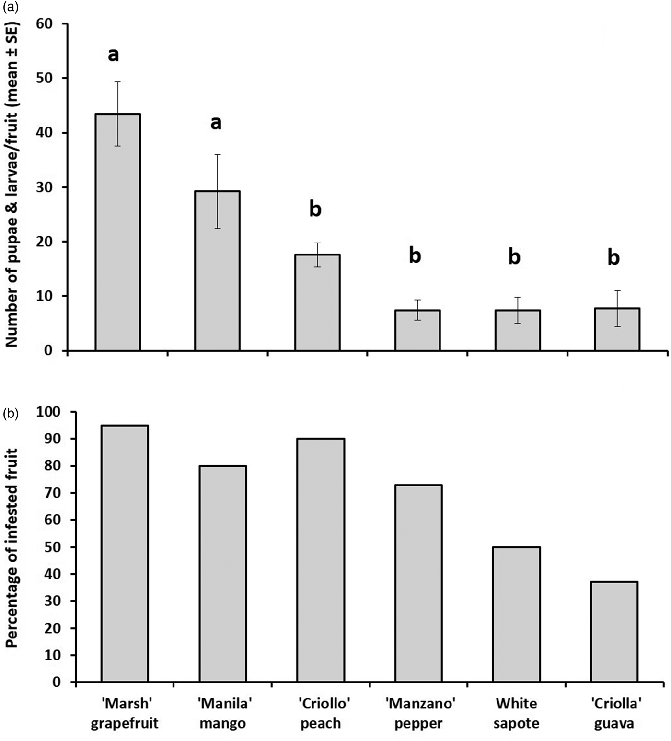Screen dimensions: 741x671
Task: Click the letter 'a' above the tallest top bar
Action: click(x=113, y=55)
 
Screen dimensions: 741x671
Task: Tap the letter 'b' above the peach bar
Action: click(x=315, y=209)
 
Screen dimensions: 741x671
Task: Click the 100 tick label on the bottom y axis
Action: click(x=49, y=412)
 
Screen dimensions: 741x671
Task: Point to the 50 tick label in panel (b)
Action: click(x=54, y=547)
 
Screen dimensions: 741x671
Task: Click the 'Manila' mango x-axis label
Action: click(x=223, y=713)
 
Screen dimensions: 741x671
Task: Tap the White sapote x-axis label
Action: click(x=516, y=713)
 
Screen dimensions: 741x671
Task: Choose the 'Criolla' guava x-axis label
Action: click(x=614, y=713)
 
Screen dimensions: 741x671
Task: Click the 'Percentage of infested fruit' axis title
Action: click(x=12, y=547)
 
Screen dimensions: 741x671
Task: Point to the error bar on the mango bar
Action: click(x=217, y=191)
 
